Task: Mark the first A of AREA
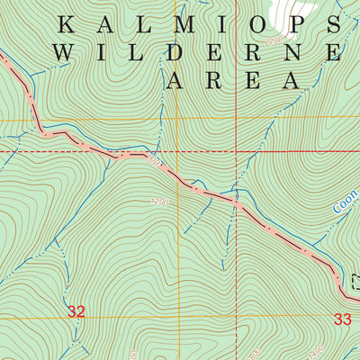[175, 80]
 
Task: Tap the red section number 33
[342, 319]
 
